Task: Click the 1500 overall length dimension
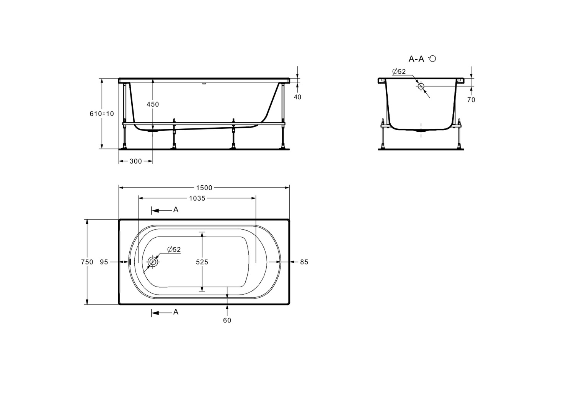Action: (x=204, y=188)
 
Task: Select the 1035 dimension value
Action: (x=197, y=198)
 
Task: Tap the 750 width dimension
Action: (x=87, y=262)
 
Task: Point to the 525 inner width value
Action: (x=202, y=262)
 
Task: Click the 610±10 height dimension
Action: (x=102, y=113)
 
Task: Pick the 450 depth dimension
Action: (x=153, y=104)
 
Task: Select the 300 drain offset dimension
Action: (x=135, y=161)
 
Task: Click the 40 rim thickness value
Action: (x=297, y=97)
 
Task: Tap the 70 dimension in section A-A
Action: (x=471, y=100)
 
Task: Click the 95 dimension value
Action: (x=104, y=262)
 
